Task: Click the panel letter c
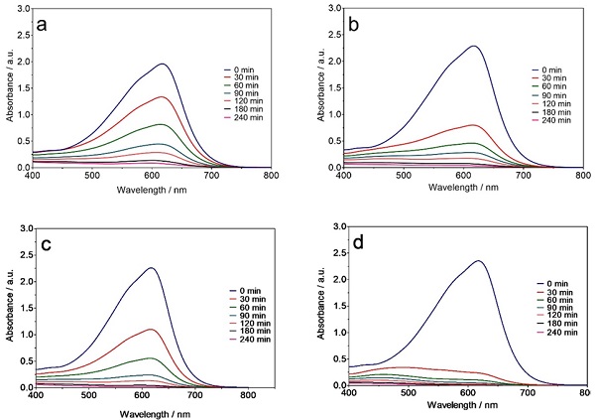click(50, 243)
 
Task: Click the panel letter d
click(364, 243)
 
